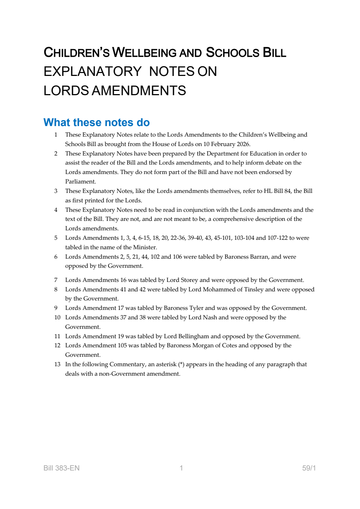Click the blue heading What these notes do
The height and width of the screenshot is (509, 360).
click(97, 122)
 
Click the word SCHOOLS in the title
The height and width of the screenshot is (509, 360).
click(232, 53)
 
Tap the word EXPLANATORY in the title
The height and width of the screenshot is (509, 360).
click(93, 72)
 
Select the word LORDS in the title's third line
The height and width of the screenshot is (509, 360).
click(66, 91)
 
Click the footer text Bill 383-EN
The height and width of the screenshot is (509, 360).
click(61, 468)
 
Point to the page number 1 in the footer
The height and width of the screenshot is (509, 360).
click(181, 468)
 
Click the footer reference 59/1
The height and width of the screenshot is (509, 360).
click(309, 468)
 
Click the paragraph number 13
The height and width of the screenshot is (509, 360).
click(57, 364)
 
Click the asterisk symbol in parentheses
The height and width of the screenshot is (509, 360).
click(181, 364)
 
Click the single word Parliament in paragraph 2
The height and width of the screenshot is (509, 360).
click(80, 182)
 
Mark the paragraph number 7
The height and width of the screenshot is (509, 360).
click(56, 280)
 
